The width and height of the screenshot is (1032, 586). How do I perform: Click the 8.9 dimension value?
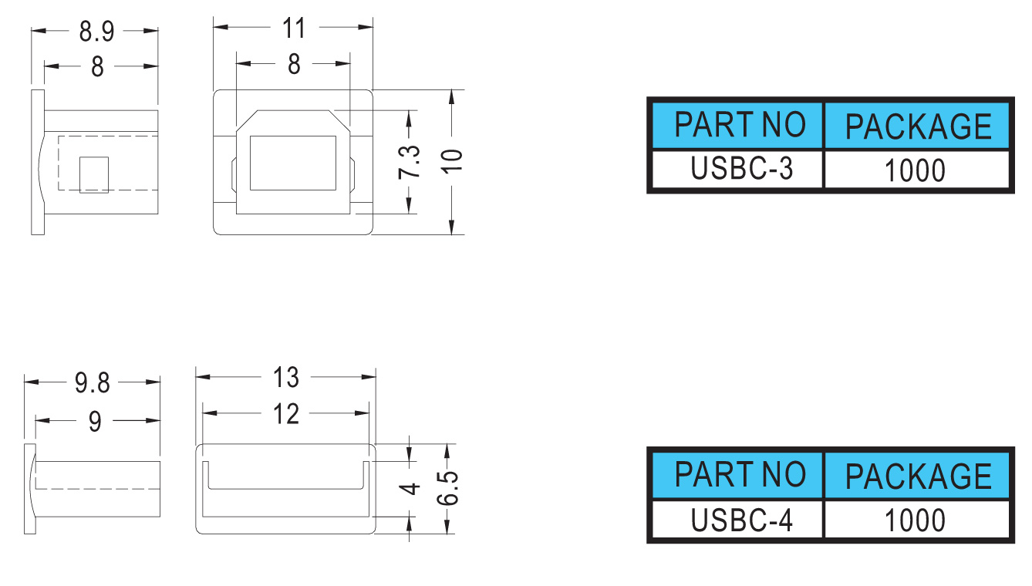click(x=96, y=32)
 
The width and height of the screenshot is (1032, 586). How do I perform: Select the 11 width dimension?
click(x=294, y=29)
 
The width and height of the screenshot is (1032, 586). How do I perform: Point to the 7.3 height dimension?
click(x=410, y=162)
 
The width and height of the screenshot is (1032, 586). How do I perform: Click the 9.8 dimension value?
click(x=93, y=382)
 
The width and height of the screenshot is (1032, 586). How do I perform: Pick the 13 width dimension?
click(x=286, y=378)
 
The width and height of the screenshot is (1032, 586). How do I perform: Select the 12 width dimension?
click(x=286, y=414)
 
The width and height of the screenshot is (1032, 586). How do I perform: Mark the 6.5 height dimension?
click(x=448, y=487)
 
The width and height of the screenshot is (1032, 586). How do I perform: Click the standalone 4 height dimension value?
click(x=411, y=488)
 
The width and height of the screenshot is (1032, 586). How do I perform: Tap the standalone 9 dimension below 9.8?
click(x=95, y=421)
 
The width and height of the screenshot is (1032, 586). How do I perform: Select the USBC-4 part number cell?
click(x=737, y=520)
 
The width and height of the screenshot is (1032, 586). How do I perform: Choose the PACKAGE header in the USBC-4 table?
click(x=918, y=476)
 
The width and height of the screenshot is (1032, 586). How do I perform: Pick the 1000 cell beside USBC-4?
click(x=916, y=520)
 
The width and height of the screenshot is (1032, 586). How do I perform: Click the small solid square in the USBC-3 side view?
click(x=95, y=174)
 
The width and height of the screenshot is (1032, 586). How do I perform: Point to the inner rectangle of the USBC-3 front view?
click(x=292, y=163)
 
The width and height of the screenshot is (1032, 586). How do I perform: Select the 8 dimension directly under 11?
click(x=294, y=66)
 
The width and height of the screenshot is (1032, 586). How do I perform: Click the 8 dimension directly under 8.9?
click(x=97, y=68)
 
